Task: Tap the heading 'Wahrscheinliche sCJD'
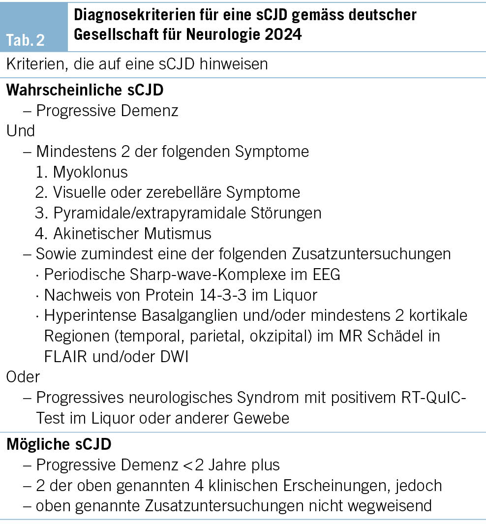(x=85, y=90)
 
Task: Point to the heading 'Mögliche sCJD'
(x=59, y=444)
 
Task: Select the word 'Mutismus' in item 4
(x=184, y=233)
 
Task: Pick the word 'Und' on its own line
(x=20, y=131)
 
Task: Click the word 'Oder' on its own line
(x=23, y=376)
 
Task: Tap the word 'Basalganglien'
(x=179, y=315)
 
